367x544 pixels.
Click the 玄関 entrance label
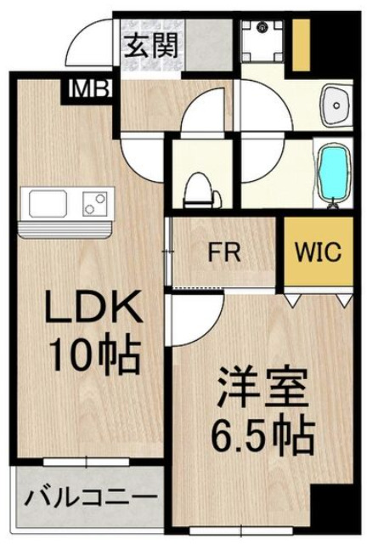point(153,45)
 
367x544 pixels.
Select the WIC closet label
point(318,252)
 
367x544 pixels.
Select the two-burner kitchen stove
point(94,204)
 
